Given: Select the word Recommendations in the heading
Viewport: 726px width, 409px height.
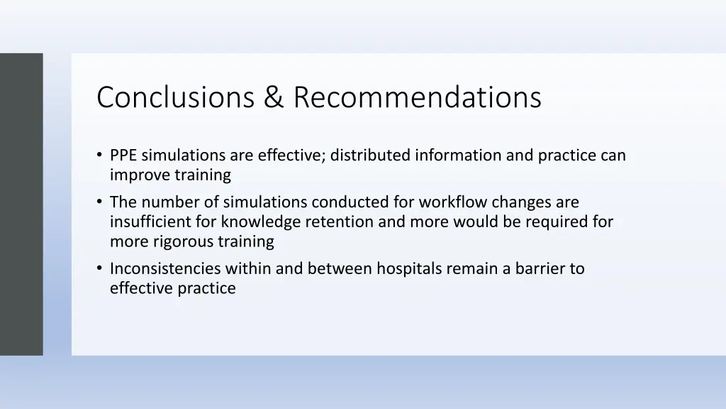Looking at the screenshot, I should tap(418, 97).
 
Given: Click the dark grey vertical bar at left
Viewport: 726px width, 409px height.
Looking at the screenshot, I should tap(21, 204).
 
